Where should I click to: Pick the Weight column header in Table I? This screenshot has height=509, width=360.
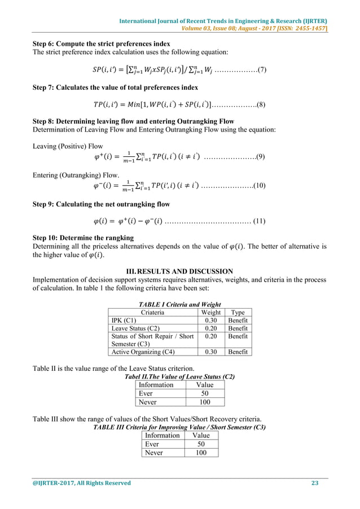[210, 312]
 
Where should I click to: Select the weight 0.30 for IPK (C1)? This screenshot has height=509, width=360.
[210, 320]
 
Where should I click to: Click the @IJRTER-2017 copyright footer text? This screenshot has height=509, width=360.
[82, 483]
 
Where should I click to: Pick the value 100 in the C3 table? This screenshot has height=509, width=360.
[201, 453]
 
